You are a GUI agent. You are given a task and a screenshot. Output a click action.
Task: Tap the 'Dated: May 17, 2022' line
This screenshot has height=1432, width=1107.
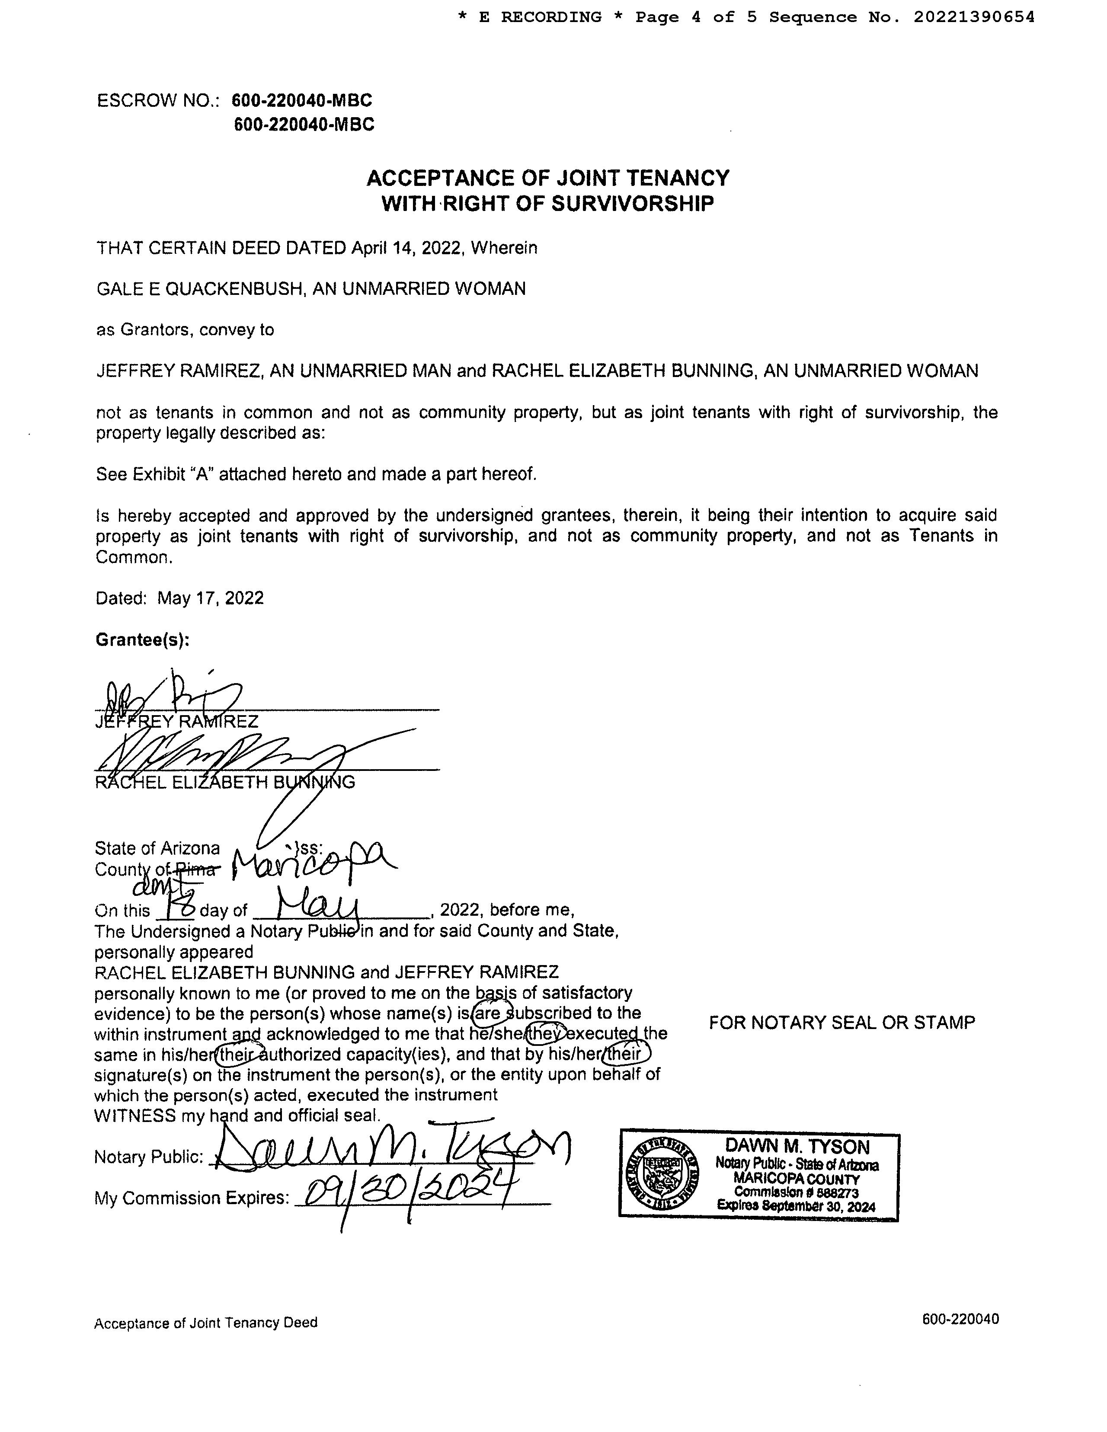point(180,598)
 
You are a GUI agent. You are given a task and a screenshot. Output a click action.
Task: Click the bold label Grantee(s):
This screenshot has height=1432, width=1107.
point(142,639)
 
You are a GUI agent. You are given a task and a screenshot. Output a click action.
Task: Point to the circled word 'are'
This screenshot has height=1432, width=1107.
point(489,1013)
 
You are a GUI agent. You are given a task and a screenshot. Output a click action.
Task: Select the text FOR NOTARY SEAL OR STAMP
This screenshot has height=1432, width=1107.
point(841,1022)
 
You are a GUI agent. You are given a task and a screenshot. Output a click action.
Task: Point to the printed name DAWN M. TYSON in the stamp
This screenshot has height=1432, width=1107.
point(797,1147)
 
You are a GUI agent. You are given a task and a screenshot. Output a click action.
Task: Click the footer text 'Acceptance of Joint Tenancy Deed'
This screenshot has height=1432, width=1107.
point(205,1323)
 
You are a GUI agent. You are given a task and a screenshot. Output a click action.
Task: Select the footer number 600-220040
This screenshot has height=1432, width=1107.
point(960,1319)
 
